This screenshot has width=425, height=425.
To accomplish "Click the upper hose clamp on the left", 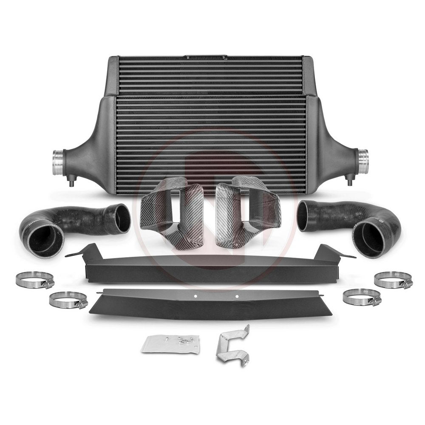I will coord(35,280).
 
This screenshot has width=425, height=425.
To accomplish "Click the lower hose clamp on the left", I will coord(68,300).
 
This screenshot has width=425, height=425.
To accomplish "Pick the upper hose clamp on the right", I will coord(393,280).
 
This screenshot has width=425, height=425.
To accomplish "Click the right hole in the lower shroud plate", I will coord(237,296).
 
